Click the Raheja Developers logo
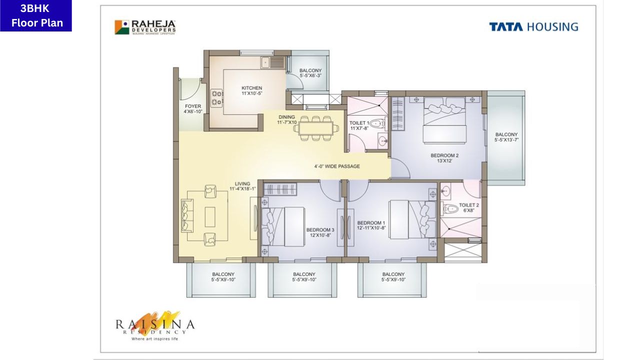(145, 27)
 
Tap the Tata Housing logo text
(533, 27)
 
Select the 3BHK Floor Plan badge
(36, 16)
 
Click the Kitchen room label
(251, 91)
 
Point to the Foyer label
(193, 109)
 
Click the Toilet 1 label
(359, 125)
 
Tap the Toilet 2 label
(469, 208)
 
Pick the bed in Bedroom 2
(444, 120)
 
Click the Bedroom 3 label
(320, 232)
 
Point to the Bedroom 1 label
(371, 225)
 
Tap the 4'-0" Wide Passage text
(337, 166)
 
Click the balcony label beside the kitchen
(310, 73)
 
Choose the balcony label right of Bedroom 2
(506, 137)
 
